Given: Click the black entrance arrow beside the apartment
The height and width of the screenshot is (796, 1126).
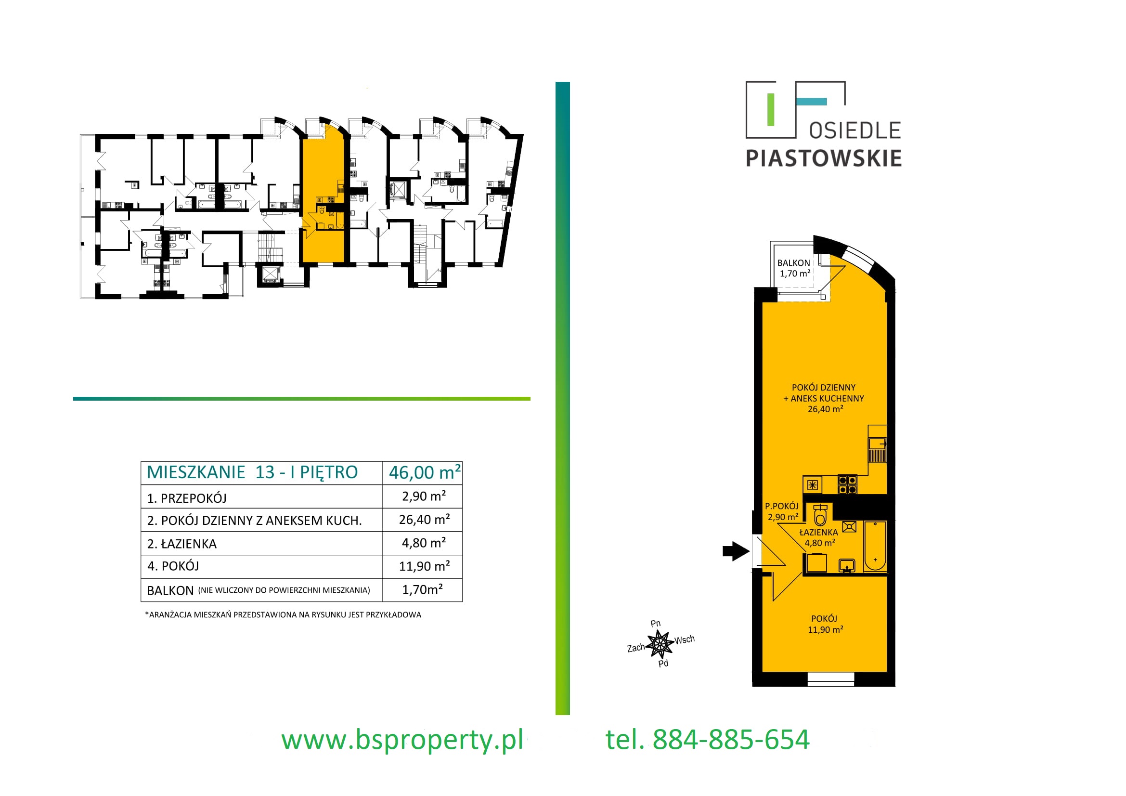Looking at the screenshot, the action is click(736, 551).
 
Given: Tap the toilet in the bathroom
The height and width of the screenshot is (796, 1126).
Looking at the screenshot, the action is click(820, 515).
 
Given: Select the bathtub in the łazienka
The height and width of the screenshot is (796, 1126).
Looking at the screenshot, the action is click(875, 547).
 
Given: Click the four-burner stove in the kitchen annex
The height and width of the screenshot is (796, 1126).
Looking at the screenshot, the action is click(847, 484).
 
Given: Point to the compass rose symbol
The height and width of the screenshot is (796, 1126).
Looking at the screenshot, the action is click(660, 644).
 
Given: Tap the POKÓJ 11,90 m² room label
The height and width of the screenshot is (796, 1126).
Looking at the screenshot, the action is click(825, 624).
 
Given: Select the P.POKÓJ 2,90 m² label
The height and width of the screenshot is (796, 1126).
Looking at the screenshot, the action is click(782, 511).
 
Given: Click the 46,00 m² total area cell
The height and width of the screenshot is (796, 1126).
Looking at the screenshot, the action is click(425, 472).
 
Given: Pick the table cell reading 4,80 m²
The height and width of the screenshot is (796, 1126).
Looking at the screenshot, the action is click(424, 543).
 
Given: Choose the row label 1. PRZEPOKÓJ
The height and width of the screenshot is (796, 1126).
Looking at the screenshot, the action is click(187, 498).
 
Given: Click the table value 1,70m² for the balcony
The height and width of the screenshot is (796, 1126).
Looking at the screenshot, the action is click(422, 589).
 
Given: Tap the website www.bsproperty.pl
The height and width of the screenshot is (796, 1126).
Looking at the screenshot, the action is click(402, 740).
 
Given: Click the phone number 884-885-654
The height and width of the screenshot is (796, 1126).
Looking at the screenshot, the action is click(731, 740).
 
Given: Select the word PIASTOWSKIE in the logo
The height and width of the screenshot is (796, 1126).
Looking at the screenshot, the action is click(823, 158).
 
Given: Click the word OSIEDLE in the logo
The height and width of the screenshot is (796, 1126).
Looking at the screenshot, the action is click(855, 131).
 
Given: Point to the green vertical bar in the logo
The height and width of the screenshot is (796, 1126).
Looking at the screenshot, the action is click(770, 110).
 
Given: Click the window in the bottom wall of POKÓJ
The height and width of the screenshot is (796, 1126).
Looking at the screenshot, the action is click(831, 679).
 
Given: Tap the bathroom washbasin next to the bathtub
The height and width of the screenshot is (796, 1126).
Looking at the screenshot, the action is click(847, 566).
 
